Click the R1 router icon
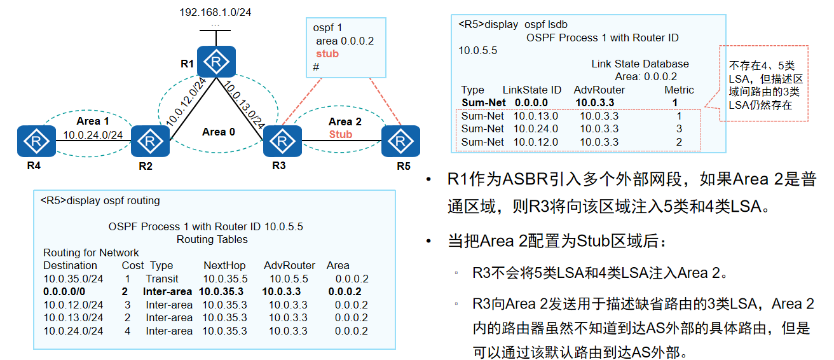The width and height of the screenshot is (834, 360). pyautogui.click(x=216, y=62)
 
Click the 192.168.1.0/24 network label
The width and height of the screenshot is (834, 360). pyautogui.click(x=215, y=12)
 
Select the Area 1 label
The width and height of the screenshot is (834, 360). pyautogui.click(x=93, y=121)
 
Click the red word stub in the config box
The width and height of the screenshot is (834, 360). pyautogui.click(x=327, y=54)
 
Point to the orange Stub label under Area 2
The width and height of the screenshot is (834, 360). pyautogui.click(x=341, y=134)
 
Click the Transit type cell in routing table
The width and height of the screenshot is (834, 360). pyautogui.click(x=162, y=279)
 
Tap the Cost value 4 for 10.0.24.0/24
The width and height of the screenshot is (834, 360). pyautogui.click(x=126, y=331)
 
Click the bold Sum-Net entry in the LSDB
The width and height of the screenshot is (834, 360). pyautogui.click(x=483, y=102)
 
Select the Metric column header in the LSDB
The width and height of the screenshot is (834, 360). pyautogui.click(x=679, y=90)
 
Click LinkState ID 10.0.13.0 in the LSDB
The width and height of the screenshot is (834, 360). pyautogui.click(x=535, y=116)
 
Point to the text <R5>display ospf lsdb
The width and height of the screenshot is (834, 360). pyautogui.click(x=512, y=25)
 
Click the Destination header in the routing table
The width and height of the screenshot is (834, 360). pyautogui.click(x=70, y=265)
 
